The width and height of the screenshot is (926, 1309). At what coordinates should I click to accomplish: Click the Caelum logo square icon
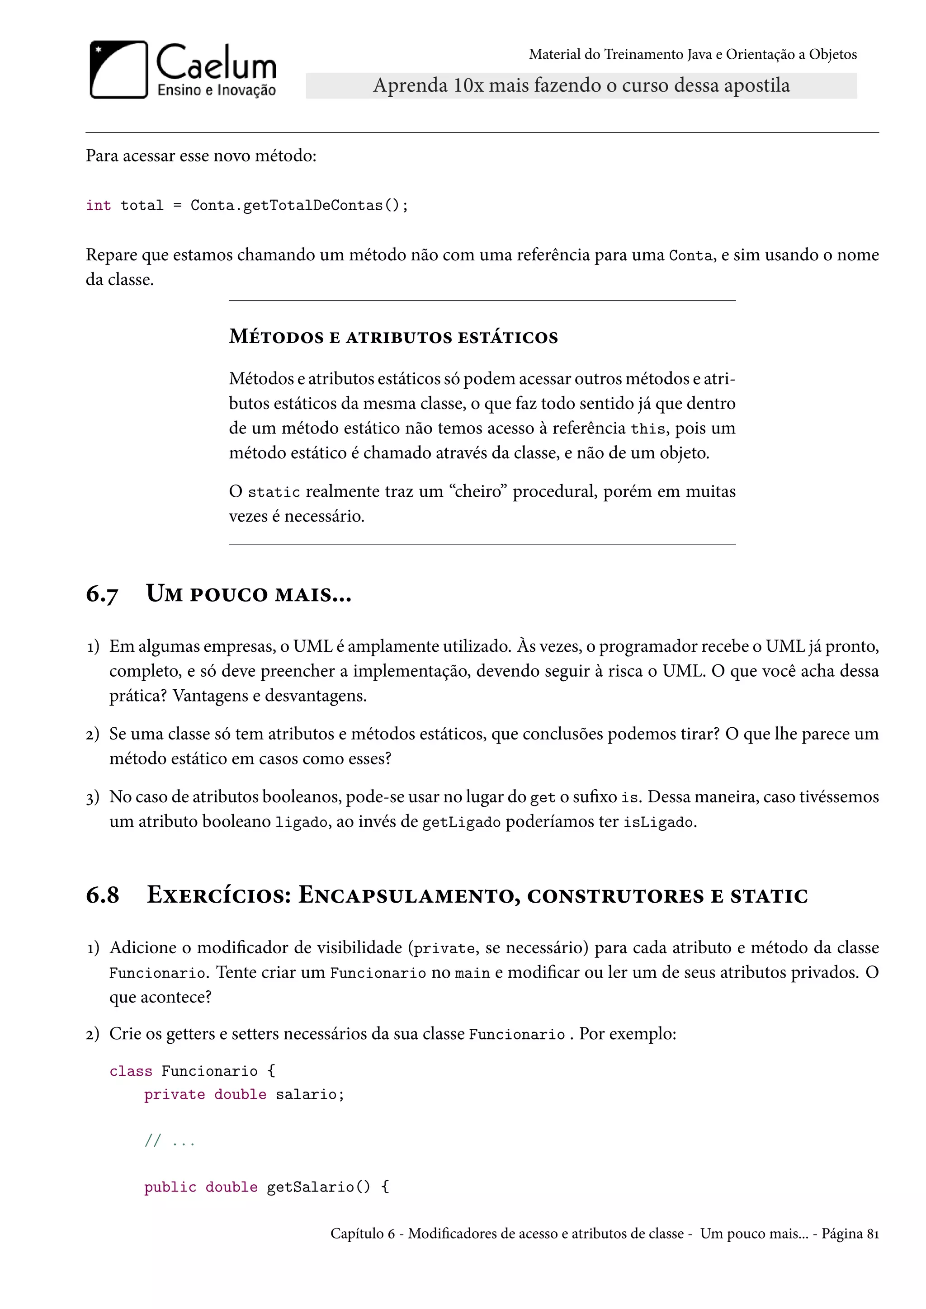[x=118, y=70]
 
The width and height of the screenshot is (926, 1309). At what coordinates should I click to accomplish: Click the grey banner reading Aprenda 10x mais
[x=581, y=85]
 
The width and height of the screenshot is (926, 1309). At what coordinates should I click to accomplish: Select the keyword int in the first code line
[x=98, y=205]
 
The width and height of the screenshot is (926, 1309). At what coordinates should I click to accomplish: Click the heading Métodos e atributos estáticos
[x=393, y=336]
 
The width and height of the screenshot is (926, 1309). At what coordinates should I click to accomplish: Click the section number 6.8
[x=103, y=895]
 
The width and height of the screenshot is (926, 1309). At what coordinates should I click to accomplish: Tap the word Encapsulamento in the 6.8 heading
[x=408, y=895]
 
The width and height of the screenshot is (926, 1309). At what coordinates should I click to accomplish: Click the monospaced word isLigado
[x=659, y=823]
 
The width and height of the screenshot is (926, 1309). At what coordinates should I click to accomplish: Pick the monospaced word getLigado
[x=461, y=823]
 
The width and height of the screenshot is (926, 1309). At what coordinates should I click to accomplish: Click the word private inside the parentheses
[x=444, y=949]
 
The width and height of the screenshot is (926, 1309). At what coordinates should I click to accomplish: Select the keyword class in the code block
[x=131, y=1071]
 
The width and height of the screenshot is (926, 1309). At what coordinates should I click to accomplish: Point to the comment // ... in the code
[x=170, y=1141]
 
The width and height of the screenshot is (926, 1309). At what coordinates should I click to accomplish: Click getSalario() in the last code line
[x=318, y=1187]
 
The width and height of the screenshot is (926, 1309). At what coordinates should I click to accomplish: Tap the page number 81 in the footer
[x=872, y=1234]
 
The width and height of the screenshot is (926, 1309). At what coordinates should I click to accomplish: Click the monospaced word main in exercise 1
[x=472, y=973]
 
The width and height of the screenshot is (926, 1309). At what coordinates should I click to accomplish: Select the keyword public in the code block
[x=170, y=1187]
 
